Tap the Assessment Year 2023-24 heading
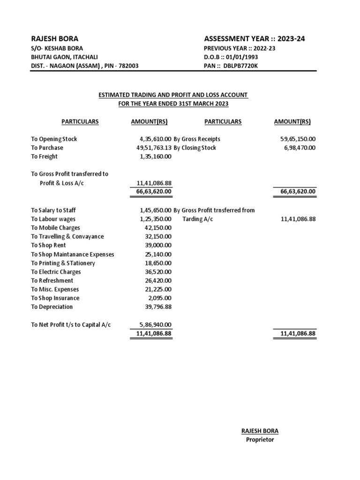(x=255, y=39)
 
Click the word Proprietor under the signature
(x=260, y=440)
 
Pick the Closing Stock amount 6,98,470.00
(x=300, y=148)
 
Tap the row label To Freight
(x=45, y=157)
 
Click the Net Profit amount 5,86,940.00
(x=155, y=324)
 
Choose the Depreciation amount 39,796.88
(x=158, y=307)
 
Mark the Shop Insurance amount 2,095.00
(x=160, y=298)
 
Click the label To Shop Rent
(x=48, y=245)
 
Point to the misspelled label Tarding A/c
(x=197, y=219)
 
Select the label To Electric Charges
(x=56, y=272)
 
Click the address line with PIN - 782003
(x=84, y=66)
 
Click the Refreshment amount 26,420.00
(x=158, y=280)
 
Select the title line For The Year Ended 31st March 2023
(x=173, y=103)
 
